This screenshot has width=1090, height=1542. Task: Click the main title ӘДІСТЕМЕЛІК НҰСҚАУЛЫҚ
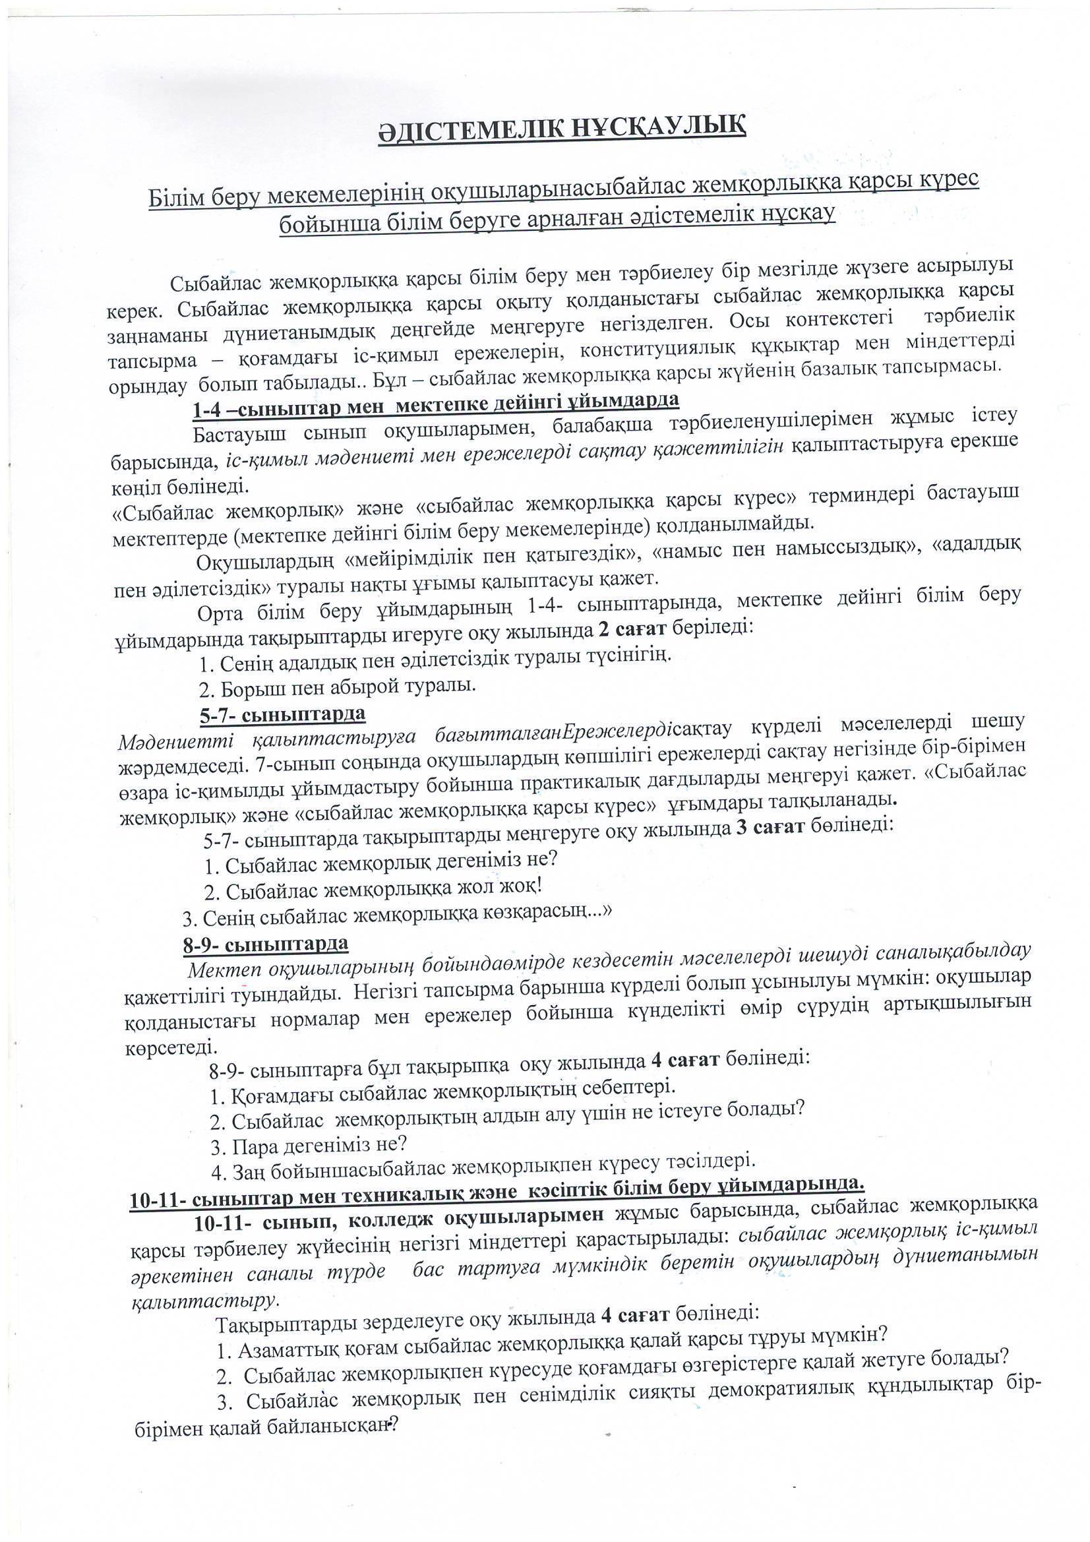click(x=560, y=127)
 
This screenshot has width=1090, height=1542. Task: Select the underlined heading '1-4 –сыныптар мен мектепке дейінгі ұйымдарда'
click(x=436, y=404)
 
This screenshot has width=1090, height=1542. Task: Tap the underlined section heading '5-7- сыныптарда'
click(x=282, y=714)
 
